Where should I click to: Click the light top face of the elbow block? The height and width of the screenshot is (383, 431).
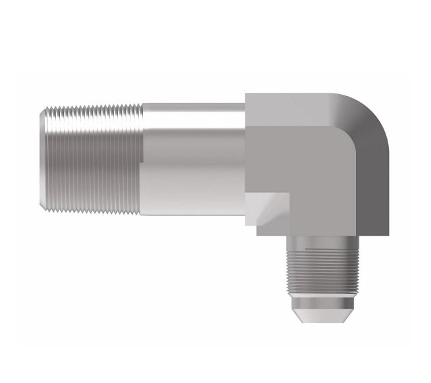[x=290, y=109]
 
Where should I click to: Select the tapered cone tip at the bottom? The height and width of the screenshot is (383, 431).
[x=322, y=309]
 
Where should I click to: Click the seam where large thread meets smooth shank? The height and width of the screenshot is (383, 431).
[x=141, y=161]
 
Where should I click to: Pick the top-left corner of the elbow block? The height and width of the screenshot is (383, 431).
[x=247, y=94]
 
